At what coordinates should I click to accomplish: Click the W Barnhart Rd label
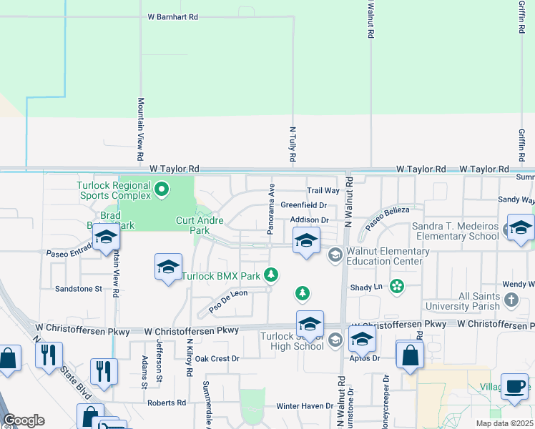(x=172, y=16)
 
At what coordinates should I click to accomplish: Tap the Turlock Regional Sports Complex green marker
(x=162, y=189)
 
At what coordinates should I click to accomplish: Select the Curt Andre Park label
(x=193, y=226)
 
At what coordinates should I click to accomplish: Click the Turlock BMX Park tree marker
(x=270, y=275)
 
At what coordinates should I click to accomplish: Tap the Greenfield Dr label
(x=303, y=205)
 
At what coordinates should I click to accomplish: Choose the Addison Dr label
(x=310, y=220)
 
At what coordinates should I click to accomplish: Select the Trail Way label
(x=323, y=191)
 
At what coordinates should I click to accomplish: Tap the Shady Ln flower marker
(x=397, y=287)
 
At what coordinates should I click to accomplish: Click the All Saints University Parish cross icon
(x=511, y=301)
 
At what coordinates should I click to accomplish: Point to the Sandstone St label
(x=79, y=289)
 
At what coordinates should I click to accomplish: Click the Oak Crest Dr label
(x=217, y=358)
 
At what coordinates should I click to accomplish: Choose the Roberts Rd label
(x=167, y=403)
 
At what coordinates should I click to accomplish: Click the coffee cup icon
(x=514, y=386)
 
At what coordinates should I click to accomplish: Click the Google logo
(x=24, y=420)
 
